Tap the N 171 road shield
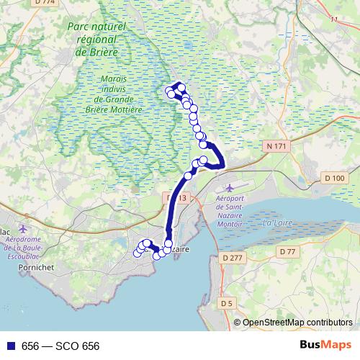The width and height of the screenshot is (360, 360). coord(276,146)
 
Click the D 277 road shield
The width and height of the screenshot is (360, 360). coord(233,258)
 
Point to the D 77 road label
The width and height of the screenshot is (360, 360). coord(288,251)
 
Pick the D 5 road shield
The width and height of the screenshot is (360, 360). coord(226,304)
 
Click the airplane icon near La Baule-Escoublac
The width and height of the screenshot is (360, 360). coord(23,228)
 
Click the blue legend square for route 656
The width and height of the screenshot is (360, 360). coord(8,346)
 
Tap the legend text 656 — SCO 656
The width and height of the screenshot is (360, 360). coord(60,346)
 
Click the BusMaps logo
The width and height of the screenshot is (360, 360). coord(325,346)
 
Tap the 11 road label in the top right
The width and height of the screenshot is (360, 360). coord(333,19)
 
